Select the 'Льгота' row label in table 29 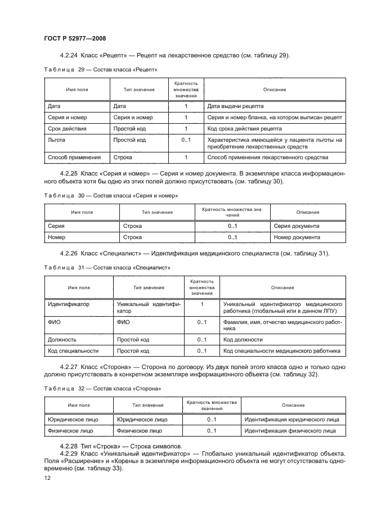pos(57,140)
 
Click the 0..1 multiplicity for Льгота pos(186,140)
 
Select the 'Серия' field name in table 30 pos(56,226)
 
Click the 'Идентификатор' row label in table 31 pos(70,304)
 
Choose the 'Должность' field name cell pos(63,340)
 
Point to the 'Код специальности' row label pos(73,351)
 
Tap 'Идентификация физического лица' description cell pos(290,431)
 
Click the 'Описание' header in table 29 pos(275,89)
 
